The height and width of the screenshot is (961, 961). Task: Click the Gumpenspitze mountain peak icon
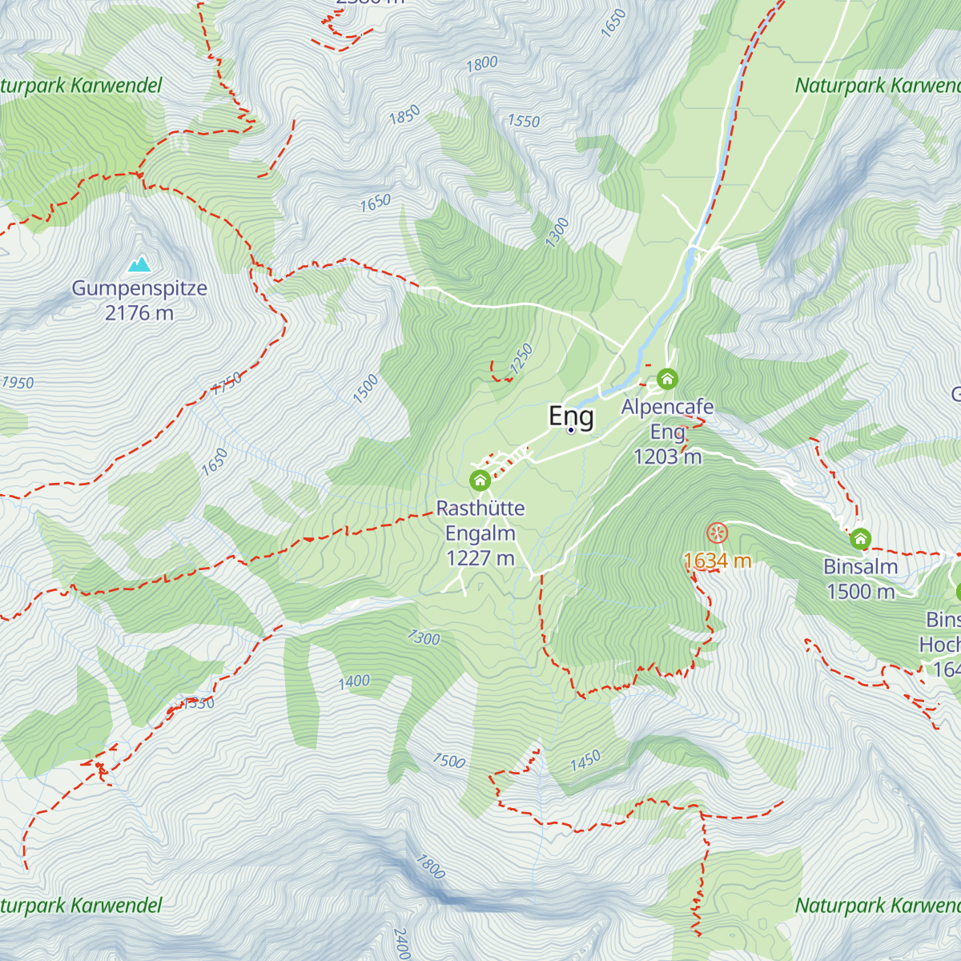pos(140,263)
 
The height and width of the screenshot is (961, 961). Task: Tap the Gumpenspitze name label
pos(139,288)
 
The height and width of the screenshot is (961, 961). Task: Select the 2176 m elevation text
pos(139,313)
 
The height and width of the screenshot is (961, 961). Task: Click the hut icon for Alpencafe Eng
pos(667,379)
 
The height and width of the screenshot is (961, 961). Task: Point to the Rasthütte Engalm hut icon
pos(480,480)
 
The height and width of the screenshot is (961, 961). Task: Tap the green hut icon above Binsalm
pos(860,538)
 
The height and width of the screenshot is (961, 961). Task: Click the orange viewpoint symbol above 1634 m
pos(717,533)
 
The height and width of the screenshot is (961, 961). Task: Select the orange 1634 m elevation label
pos(718,561)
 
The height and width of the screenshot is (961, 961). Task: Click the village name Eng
pos(571,416)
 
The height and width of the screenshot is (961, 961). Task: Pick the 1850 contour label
pos(404,116)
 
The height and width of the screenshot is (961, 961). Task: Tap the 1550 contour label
pos(524,121)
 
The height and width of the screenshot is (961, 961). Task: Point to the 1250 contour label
pos(521,359)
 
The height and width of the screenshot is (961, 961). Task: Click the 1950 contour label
pos(18,383)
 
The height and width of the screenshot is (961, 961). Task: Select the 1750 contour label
pos(227,384)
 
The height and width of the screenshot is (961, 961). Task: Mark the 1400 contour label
pos(354,682)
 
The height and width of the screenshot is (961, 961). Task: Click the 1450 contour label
pos(585,761)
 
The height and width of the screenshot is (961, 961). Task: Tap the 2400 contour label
pos(402,943)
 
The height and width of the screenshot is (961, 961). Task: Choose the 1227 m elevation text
pos(480,558)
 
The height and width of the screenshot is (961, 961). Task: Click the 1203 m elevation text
pos(667,456)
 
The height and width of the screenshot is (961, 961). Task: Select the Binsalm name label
pos(860,567)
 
